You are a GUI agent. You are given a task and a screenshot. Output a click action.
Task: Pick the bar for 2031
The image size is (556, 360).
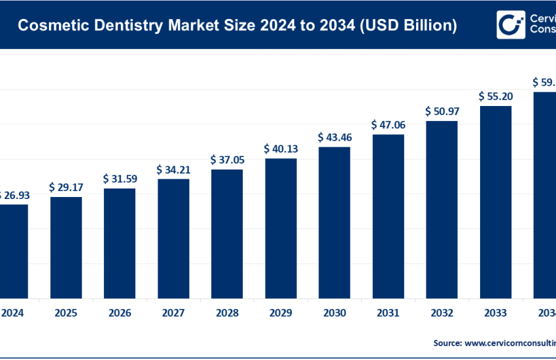388,215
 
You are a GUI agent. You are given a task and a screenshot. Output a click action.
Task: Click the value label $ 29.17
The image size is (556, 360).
66,187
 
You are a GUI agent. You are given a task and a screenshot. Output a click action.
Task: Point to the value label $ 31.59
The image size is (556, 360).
120,179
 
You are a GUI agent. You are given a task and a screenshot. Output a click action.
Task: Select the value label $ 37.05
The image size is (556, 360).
227,160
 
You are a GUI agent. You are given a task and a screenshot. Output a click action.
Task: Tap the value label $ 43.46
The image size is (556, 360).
334,137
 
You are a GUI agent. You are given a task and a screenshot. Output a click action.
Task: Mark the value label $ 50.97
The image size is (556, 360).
442,111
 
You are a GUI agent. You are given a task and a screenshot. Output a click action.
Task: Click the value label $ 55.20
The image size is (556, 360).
495,96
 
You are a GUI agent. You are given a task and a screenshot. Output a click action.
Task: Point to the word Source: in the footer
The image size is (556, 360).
447,342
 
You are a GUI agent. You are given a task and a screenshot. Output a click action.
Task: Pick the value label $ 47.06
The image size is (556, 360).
388,124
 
